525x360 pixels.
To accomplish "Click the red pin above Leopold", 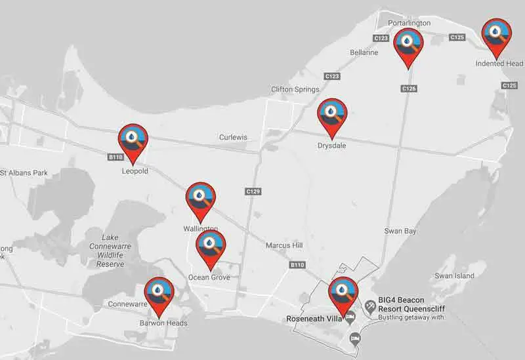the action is tap(133, 140).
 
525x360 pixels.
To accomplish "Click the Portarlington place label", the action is tap(409, 23).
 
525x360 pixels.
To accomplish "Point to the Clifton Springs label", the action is tap(295, 89).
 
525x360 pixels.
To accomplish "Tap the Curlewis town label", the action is tap(233, 137).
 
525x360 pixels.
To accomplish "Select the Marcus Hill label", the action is tap(284, 245).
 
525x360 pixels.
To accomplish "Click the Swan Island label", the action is tap(454, 276).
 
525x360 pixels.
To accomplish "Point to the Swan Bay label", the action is tap(401, 231).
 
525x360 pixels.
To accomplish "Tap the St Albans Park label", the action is tap(24, 173).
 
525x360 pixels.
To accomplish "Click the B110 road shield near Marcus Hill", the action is tap(297, 265).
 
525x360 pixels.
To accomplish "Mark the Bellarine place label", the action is tap(364, 52).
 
